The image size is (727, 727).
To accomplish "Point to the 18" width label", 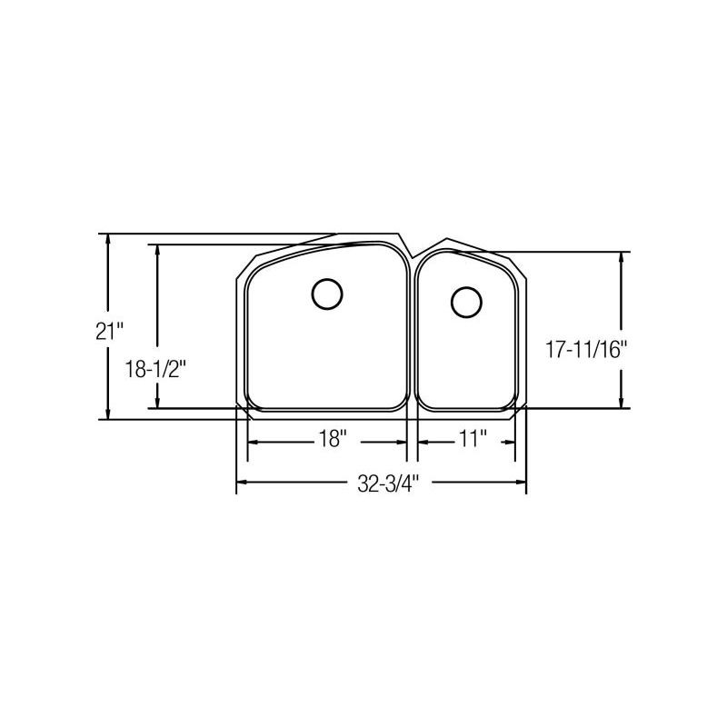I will tap(333, 439).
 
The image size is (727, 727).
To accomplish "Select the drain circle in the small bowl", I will tap(466, 302).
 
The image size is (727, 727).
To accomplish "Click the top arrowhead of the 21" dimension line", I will tap(108, 239).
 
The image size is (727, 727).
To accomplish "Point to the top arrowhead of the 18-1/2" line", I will tap(158, 249).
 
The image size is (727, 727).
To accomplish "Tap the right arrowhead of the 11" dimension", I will tap(511, 441).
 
